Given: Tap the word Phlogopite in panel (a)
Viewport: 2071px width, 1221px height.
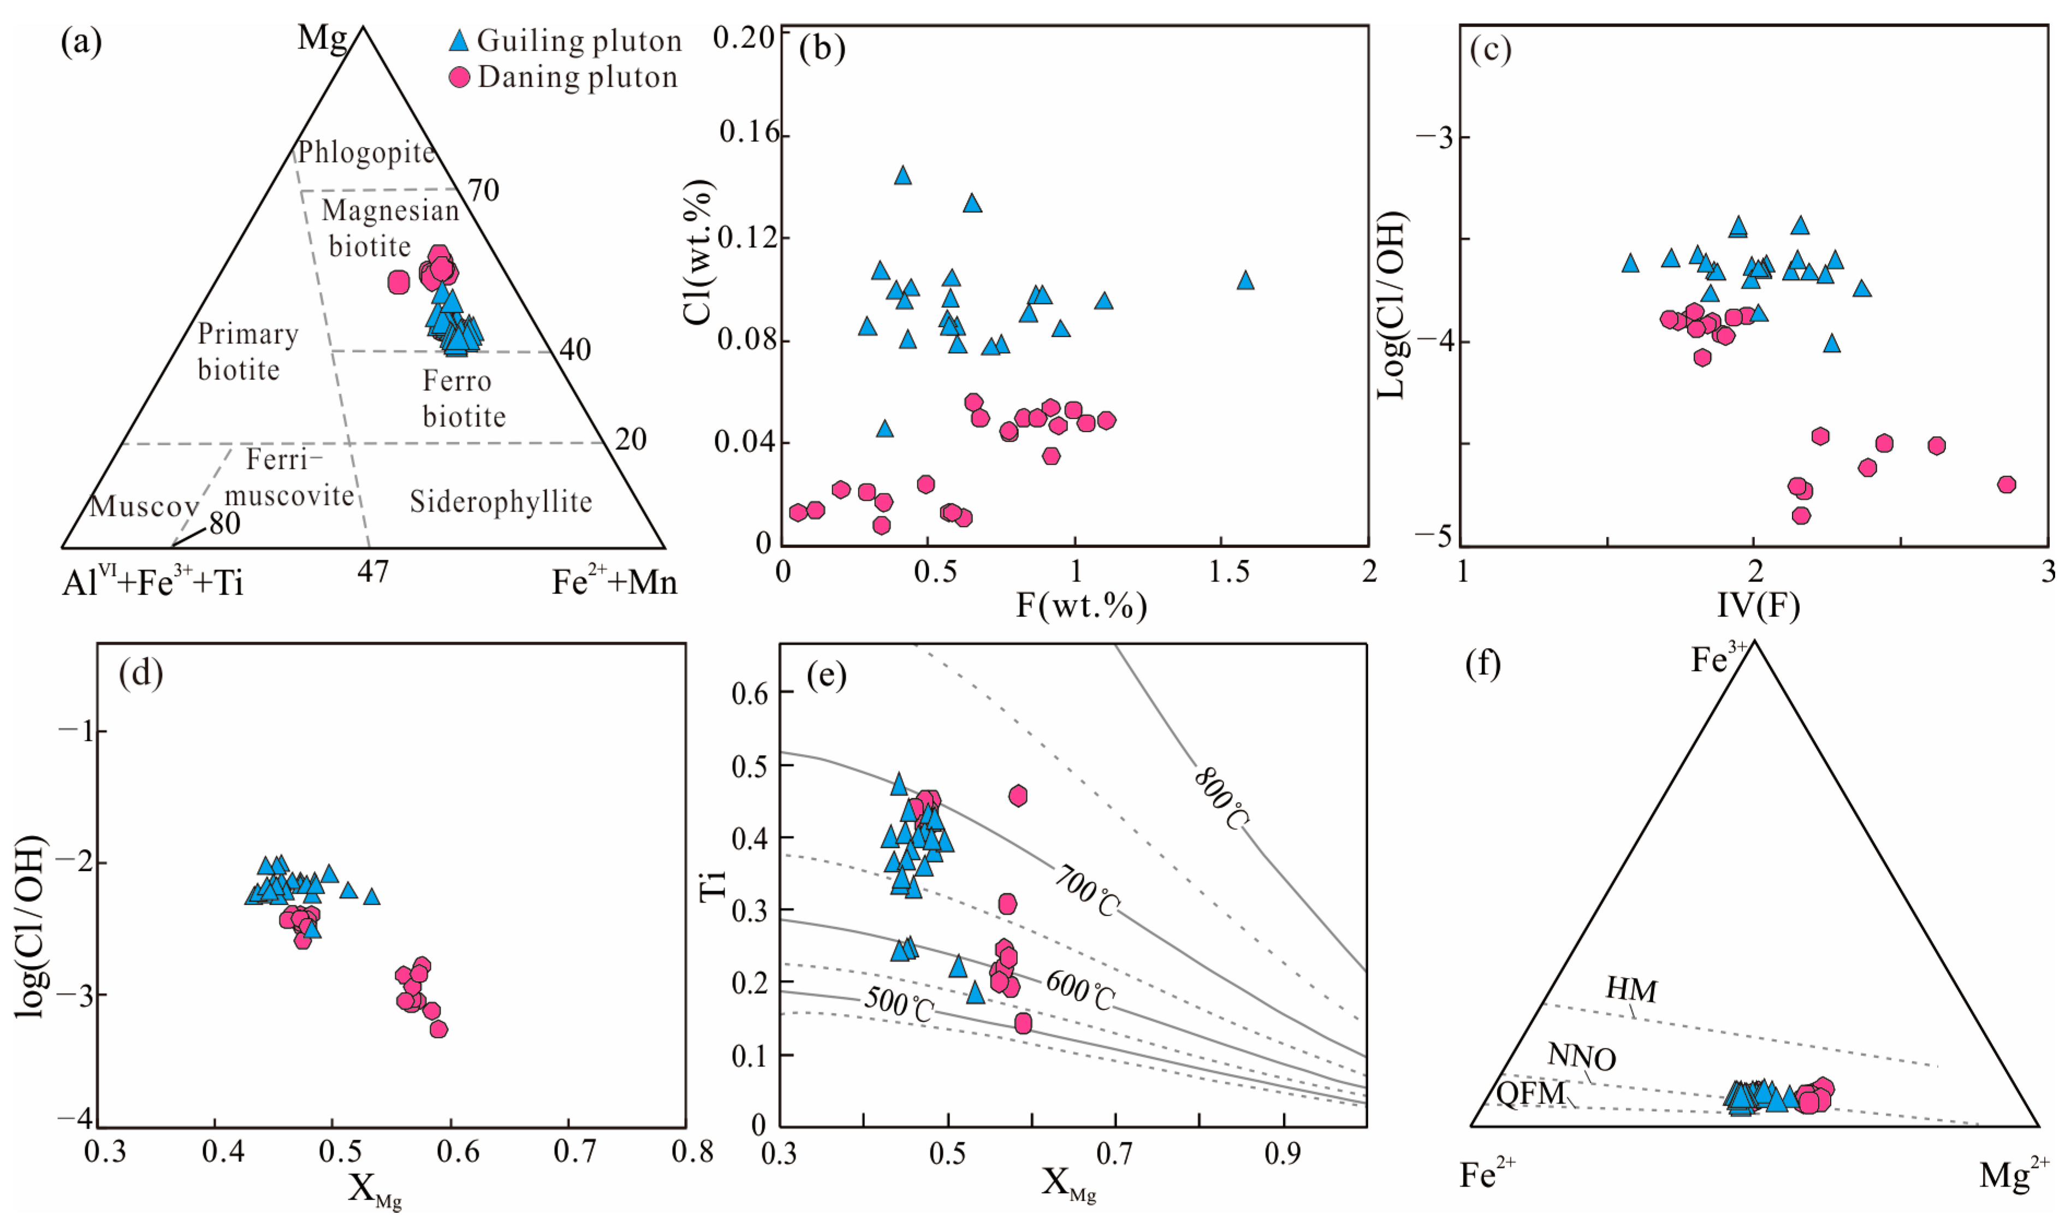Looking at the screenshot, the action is [366, 153].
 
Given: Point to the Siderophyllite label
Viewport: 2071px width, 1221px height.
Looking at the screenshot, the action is [501, 502].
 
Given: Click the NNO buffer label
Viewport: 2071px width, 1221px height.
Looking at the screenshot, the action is [1582, 1057].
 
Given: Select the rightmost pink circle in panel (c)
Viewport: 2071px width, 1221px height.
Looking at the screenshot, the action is [2007, 484].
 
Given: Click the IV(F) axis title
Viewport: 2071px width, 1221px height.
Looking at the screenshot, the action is [1759, 606].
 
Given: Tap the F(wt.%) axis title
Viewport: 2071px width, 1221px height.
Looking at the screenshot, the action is [1082, 606].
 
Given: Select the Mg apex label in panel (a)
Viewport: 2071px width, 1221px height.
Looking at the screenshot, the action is [322, 38].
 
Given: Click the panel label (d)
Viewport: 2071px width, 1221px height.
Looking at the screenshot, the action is [141, 673].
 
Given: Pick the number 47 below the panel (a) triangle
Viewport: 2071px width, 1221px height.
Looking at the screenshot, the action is [372, 570].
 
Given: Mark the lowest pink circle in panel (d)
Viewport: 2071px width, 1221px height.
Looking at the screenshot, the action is [438, 1028].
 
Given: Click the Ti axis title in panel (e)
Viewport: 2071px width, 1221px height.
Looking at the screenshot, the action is [713, 885].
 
